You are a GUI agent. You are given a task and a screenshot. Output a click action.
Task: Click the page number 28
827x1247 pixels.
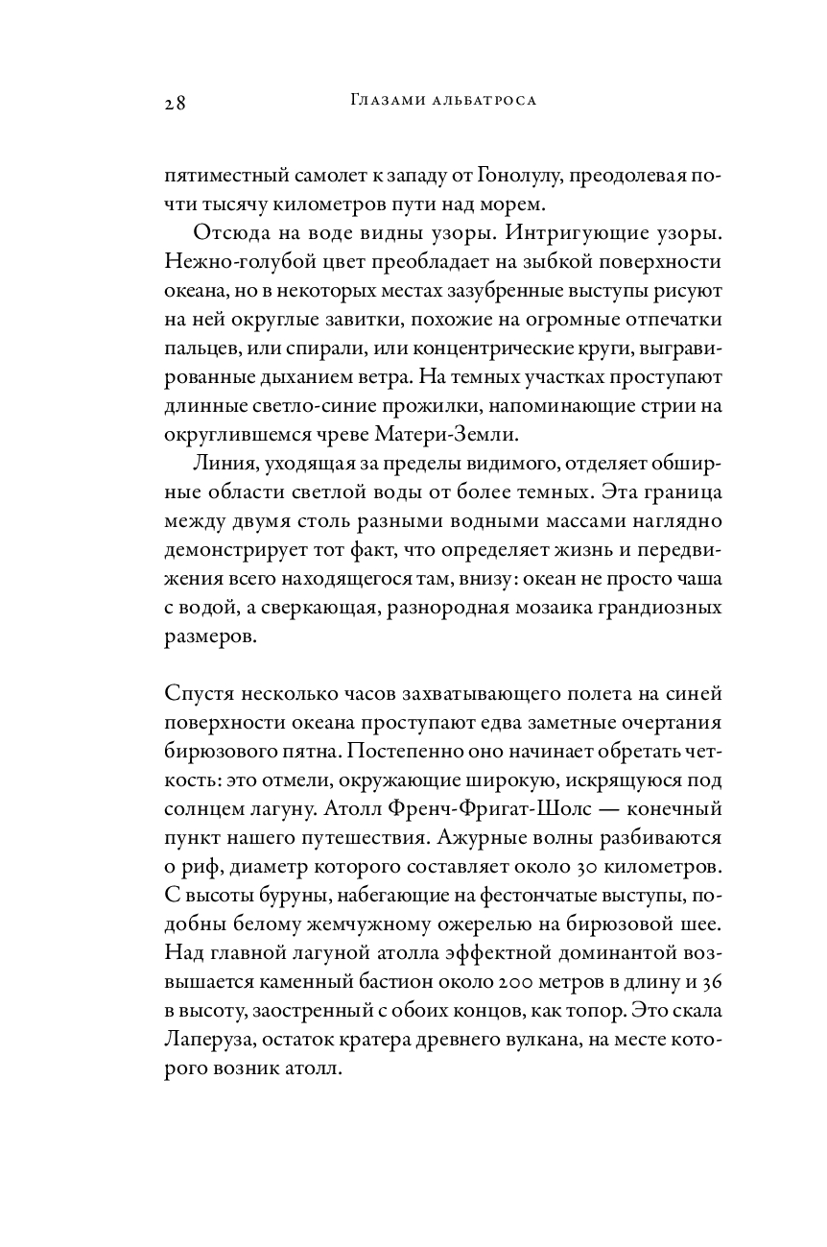tap(174, 103)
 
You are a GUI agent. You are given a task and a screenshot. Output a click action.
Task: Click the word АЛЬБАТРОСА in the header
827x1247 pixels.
tap(481, 100)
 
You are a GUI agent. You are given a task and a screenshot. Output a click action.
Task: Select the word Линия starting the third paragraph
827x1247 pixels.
tap(222, 466)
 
